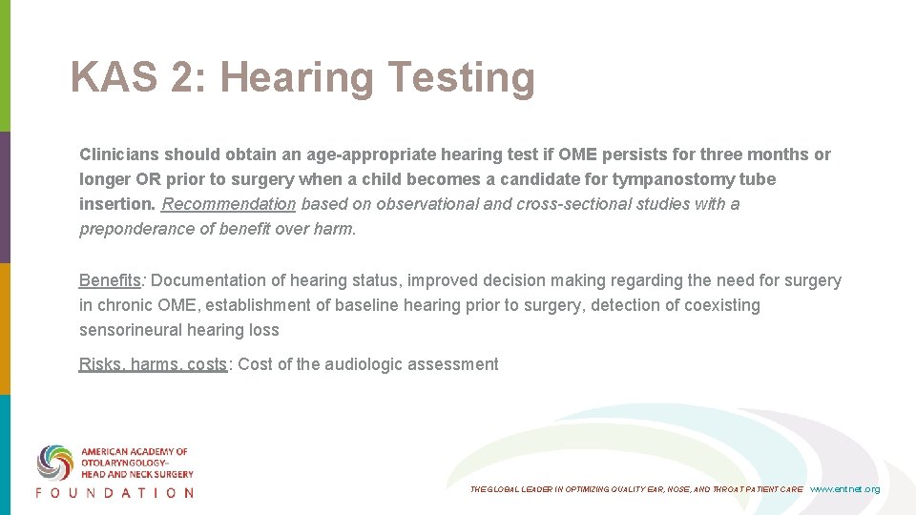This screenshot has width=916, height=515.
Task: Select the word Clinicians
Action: coord(119,154)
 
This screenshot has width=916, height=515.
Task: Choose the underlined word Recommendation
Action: coord(229,204)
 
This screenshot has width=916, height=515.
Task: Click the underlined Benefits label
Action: coord(110,280)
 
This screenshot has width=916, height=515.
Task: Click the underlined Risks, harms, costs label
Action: coord(154,364)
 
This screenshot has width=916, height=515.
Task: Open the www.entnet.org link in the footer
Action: coord(844,489)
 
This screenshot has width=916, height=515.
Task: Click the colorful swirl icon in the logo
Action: coord(55,462)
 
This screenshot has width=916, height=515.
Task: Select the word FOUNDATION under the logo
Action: coord(114,493)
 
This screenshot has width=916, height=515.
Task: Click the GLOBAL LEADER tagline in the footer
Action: coord(636,489)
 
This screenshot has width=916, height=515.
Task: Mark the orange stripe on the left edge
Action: coord(5,329)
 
